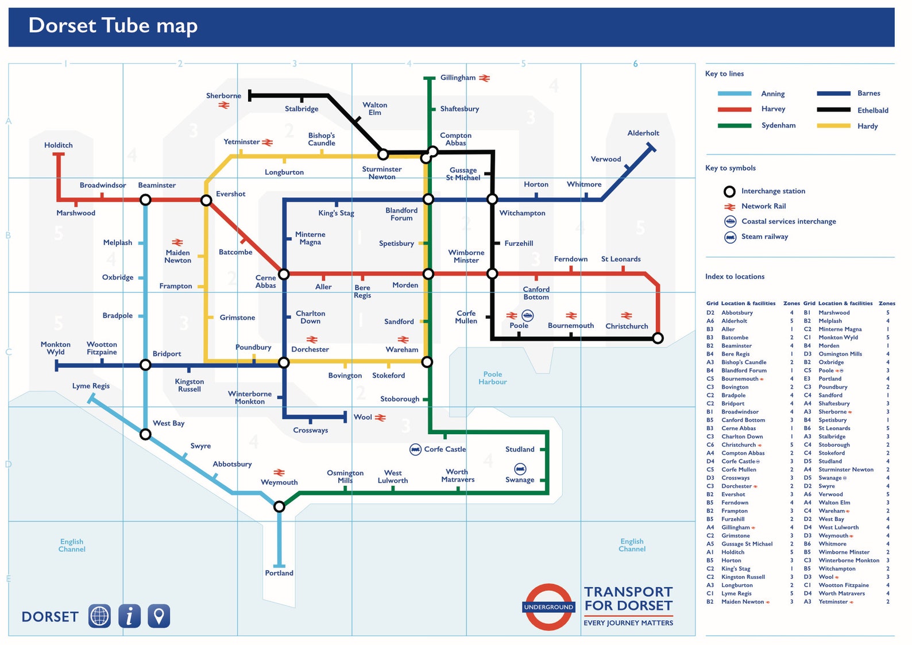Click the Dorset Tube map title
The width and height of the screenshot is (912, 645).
[113, 26]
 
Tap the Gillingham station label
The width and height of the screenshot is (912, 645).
[458, 78]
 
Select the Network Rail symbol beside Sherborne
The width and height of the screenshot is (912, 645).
[224, 105]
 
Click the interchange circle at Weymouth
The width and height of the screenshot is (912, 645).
[279, 507]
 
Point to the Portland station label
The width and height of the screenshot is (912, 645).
[279, 573]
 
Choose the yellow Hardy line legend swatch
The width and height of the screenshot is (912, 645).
[833, 126]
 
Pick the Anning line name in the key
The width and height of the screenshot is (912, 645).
[772, 94]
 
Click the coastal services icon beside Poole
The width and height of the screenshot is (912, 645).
[527, 315]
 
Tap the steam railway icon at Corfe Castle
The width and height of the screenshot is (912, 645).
[415, 449]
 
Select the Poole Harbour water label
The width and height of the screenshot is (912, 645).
[492, 378]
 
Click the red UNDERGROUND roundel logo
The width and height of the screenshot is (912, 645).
[548, 607]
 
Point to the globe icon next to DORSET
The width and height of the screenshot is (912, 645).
[99, 616]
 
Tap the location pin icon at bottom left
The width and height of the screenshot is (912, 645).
[159, 616]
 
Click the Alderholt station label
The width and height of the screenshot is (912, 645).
[643, 133]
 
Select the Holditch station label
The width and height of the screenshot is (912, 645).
[59, 145]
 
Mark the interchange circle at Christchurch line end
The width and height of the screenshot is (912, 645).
[658, 338]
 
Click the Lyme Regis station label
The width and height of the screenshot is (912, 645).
[91, 386]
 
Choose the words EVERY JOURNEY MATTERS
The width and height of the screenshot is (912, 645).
[628, 623]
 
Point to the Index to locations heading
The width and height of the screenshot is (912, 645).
[735, 276]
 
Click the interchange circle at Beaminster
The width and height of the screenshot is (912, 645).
[146, 200]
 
